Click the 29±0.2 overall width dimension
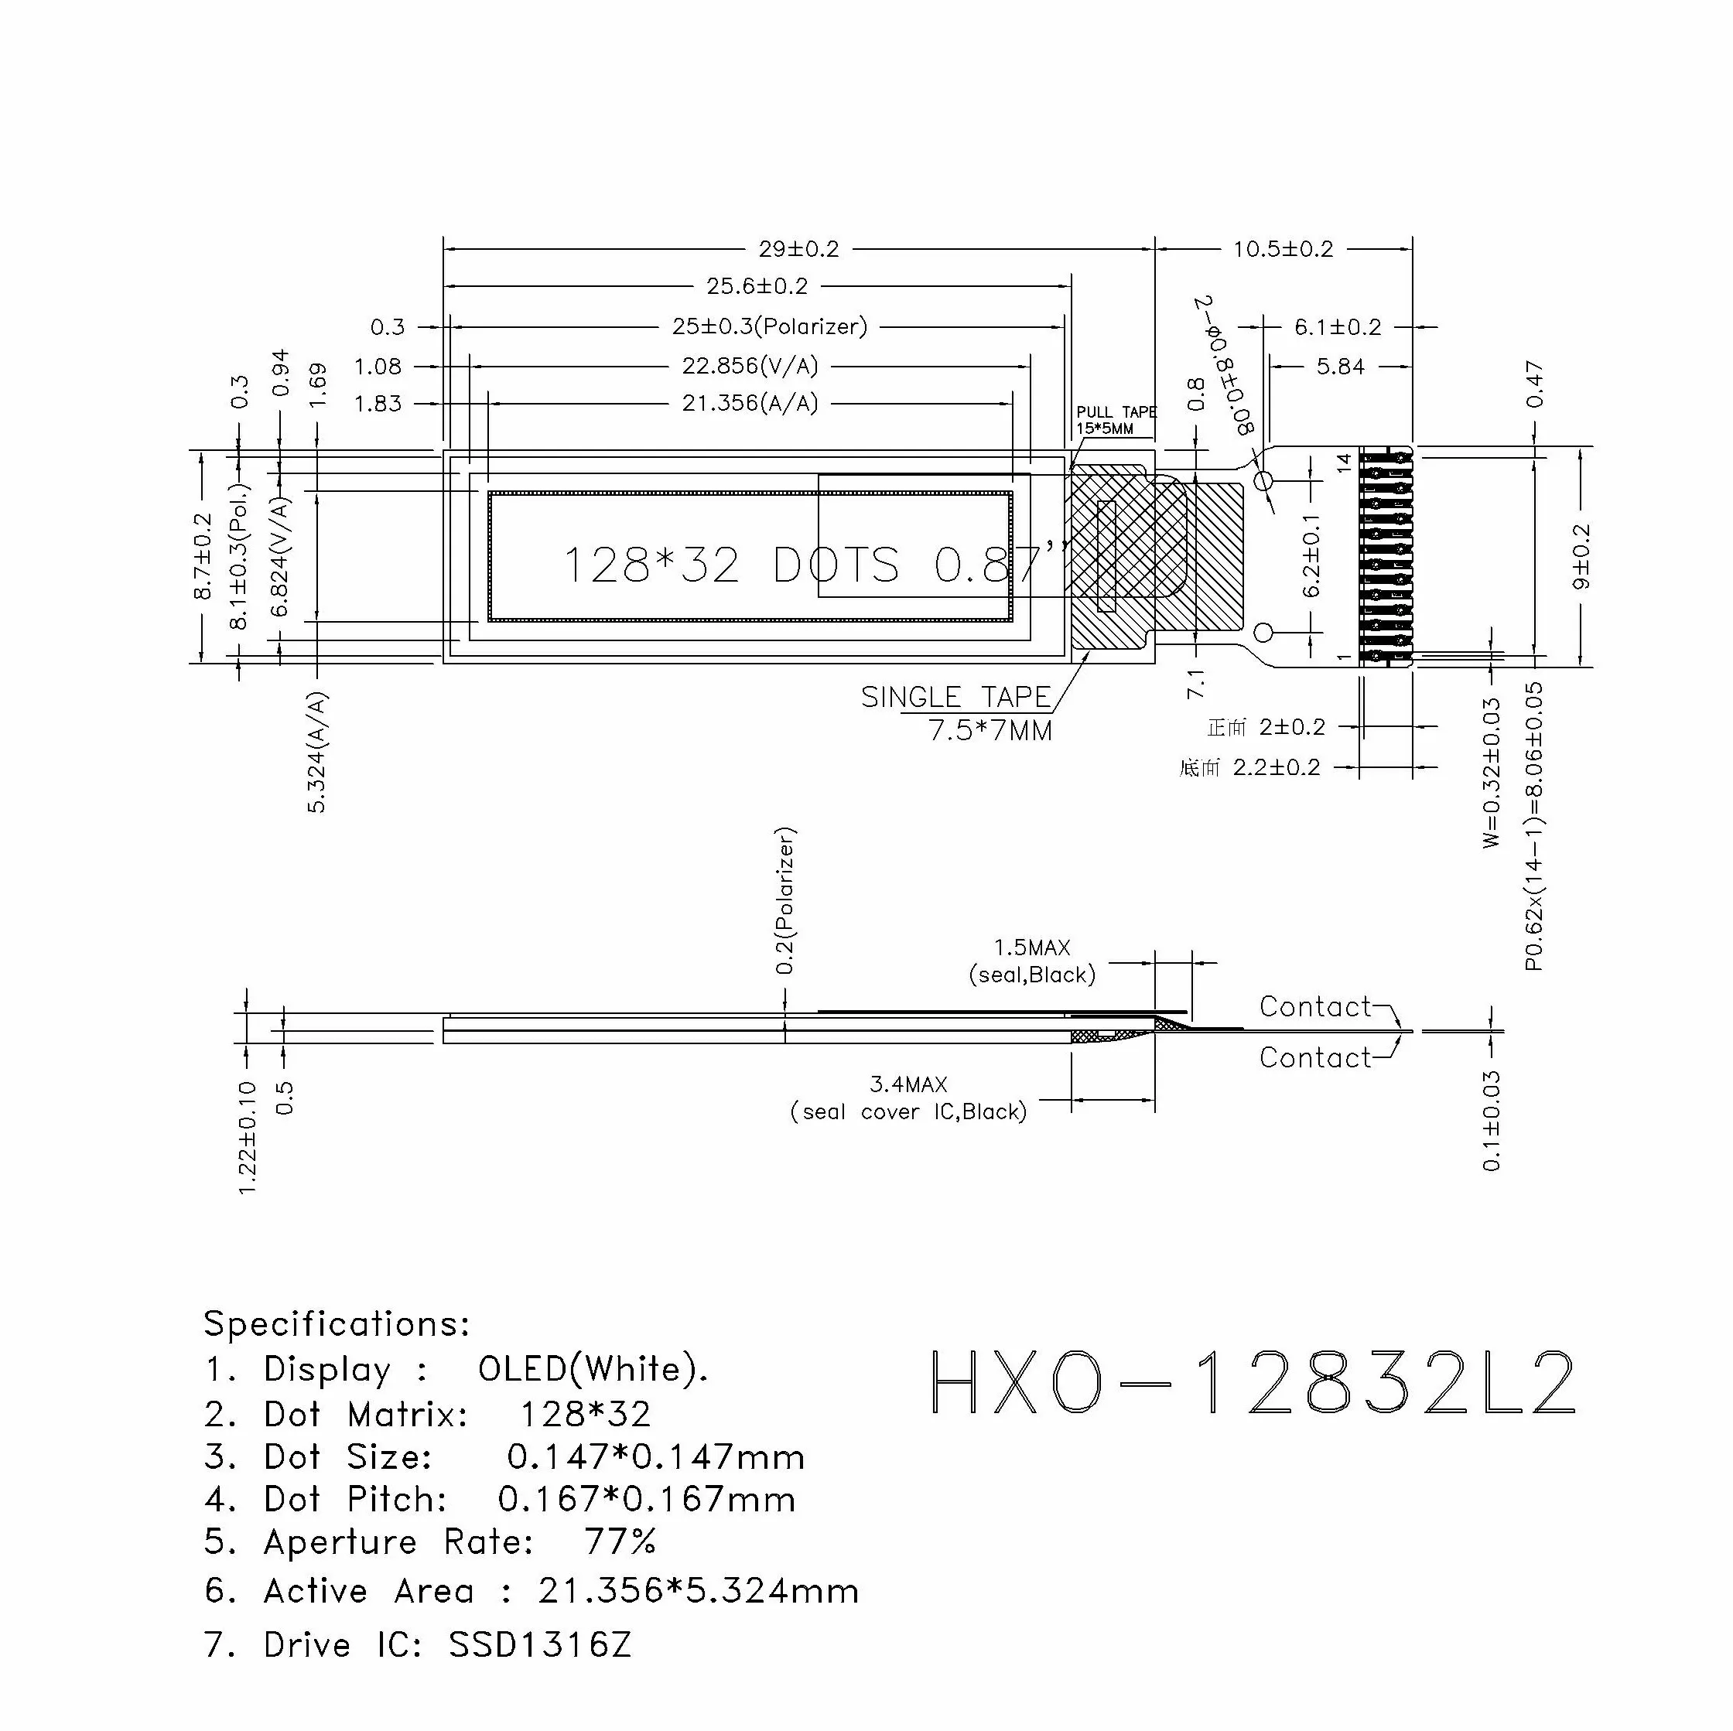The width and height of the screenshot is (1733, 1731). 798,249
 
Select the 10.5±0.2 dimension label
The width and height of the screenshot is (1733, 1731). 1283,249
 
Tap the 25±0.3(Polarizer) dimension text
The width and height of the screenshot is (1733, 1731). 770,326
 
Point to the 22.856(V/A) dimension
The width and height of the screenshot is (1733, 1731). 750,366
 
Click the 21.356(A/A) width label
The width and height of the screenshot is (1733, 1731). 750,404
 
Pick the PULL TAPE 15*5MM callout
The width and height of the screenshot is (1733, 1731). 1116,420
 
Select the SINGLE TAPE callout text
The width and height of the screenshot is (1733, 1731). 956,698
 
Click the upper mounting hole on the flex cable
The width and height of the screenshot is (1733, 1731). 1263,482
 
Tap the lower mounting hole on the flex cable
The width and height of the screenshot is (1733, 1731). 1263,633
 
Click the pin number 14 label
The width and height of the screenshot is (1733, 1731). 1344,463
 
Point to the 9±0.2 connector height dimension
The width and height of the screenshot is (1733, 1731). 1581,556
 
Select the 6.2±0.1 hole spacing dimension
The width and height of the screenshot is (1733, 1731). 1311,556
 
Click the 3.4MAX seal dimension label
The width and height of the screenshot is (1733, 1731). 908,1084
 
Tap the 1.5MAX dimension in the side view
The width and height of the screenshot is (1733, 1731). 1031,948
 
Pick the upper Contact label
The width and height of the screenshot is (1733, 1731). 1315,1006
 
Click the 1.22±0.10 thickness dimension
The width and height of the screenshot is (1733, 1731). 248,1137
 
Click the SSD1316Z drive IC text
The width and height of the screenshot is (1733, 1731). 540,1645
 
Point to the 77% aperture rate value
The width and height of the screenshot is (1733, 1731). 620,1542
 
